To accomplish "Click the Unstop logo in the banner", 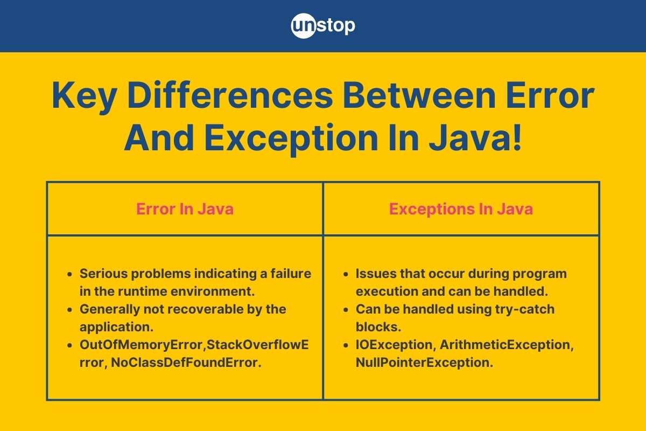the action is click(x=323, y=26).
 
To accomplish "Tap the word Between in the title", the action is click(x=419, y=95).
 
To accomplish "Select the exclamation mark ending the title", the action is click(x=517, y=137).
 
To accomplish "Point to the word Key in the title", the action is click(x=84, y=98).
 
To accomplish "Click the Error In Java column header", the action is click(x=185, y=208).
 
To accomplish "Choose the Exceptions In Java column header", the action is click(x=461, y=209).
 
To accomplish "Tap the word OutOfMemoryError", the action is click(x=142, y=345).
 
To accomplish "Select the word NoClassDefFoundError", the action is click(x=186, y=363).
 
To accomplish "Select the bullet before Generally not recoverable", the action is click(x=69, y=310).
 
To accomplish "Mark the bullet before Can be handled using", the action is click(x=346, y=310).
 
